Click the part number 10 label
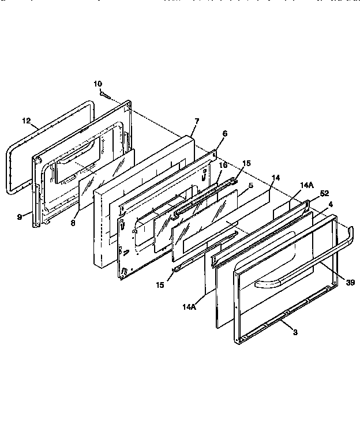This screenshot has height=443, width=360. [97, 84]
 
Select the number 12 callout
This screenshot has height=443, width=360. [26, 121]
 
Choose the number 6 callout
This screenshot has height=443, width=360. [224, 133]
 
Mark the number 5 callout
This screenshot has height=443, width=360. [251, 186]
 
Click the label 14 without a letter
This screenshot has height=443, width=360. [275, 178]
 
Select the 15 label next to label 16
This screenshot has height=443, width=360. [246, 163]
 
